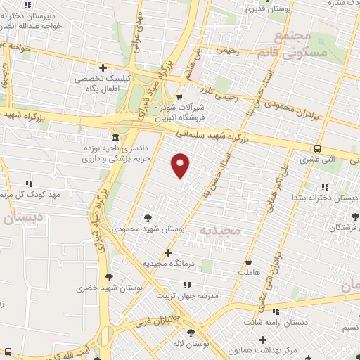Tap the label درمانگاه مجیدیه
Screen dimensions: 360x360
pos(167,264)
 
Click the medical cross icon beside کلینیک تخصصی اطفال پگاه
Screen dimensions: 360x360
pos(103,68)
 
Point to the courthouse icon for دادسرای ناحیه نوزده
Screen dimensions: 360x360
pos(115,137)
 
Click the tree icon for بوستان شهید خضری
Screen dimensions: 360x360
pos(108,277)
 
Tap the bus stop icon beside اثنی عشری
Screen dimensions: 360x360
pos(318,148)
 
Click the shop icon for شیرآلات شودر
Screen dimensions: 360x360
pos(179,97)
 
